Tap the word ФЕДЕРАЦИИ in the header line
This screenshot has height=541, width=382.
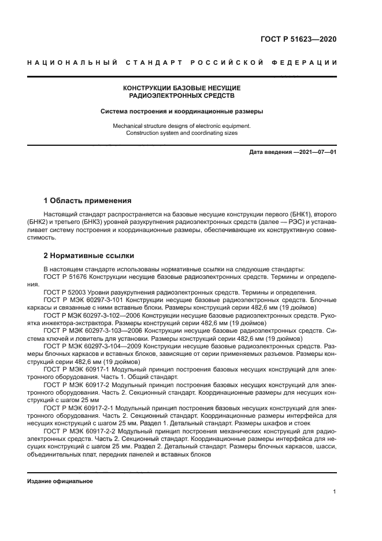[x=310, y=62]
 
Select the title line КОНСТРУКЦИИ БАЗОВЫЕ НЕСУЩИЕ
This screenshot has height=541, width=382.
[x=181, y=88]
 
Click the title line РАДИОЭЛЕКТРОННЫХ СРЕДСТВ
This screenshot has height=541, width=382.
[x=181, y=95]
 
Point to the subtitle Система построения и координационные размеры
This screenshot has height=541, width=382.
[x=181, y=111]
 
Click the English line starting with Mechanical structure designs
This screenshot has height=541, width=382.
[x=181, y=126]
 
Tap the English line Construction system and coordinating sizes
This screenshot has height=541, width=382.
[x=181, y=133]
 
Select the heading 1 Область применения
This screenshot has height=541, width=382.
[x=88, y=201]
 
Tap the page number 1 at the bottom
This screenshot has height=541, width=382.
[x=335, y=492]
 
